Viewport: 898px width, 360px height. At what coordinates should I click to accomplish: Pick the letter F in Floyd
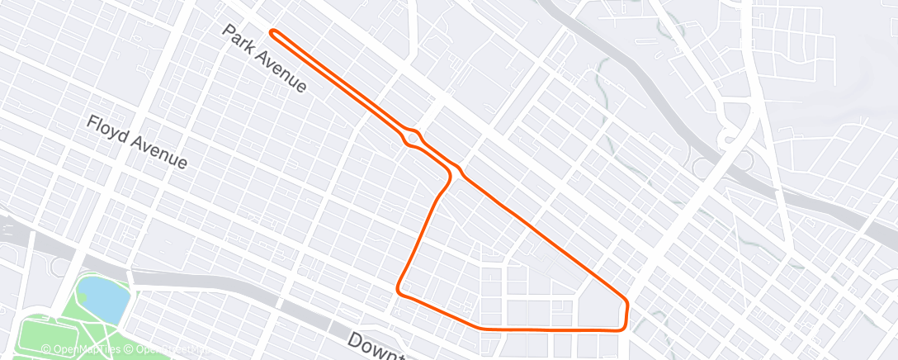click(93, 123)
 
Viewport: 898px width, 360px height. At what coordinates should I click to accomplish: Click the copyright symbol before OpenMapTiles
click(46, 350)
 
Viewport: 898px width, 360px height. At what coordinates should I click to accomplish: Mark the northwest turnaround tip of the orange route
click(272, 32)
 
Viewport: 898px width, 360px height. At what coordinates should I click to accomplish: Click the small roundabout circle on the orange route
click(415, 137)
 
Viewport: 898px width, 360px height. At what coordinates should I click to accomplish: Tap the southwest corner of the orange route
click(399, 289)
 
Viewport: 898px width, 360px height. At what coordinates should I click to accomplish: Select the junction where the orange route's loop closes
click(455, 172)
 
